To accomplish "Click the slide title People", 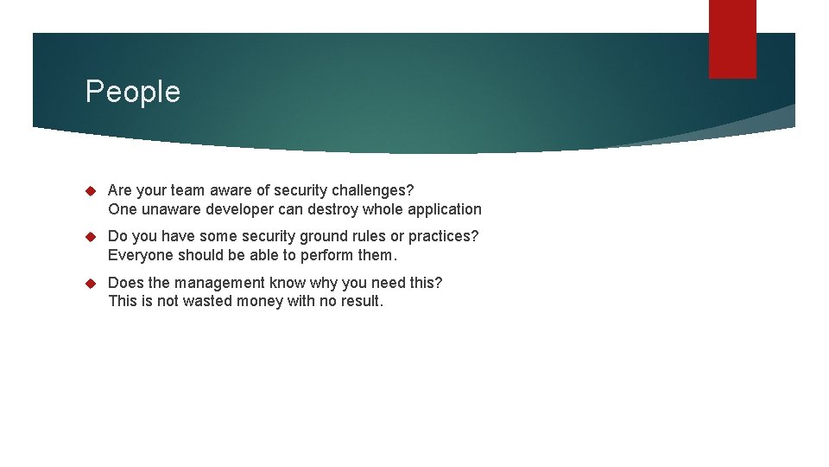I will tap(133, 92).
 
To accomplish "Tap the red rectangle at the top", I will tap(732, 39).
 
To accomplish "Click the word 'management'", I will tap(214, 284).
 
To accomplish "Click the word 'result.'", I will tap(362, 302).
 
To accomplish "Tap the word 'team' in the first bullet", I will tap(187, 190).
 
